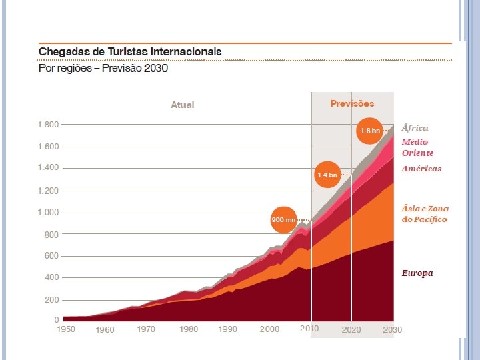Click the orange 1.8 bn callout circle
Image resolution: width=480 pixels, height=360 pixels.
[x=370, y=131]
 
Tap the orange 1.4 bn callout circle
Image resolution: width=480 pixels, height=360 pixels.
[x=327, y=175]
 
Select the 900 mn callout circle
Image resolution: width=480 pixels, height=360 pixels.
[x=283, y=219]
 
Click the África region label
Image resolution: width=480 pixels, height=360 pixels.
[x=415, y=128]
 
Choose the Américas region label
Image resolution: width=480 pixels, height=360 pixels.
[x=421, y=169]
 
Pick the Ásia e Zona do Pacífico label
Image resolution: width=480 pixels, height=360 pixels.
[x=425, y=214]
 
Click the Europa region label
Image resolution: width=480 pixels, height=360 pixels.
[x=417, y=273]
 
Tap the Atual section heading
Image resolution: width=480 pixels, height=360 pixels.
[x=183, y=105]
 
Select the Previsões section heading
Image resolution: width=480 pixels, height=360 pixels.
[x=352, y=103]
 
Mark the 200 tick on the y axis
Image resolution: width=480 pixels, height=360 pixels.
[x=52, y=299]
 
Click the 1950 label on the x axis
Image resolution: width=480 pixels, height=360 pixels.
[x=65, y=329]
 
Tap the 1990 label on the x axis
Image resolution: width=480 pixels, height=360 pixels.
[x=228, y=329]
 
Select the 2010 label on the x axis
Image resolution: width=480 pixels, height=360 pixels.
[x=309, y=329]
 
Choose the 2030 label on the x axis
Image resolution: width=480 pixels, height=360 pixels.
[x=392, y=329]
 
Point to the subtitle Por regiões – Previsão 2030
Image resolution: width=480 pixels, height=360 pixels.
[x=103, y=68]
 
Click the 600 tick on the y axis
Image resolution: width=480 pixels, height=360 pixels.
[x=52, y=256]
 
